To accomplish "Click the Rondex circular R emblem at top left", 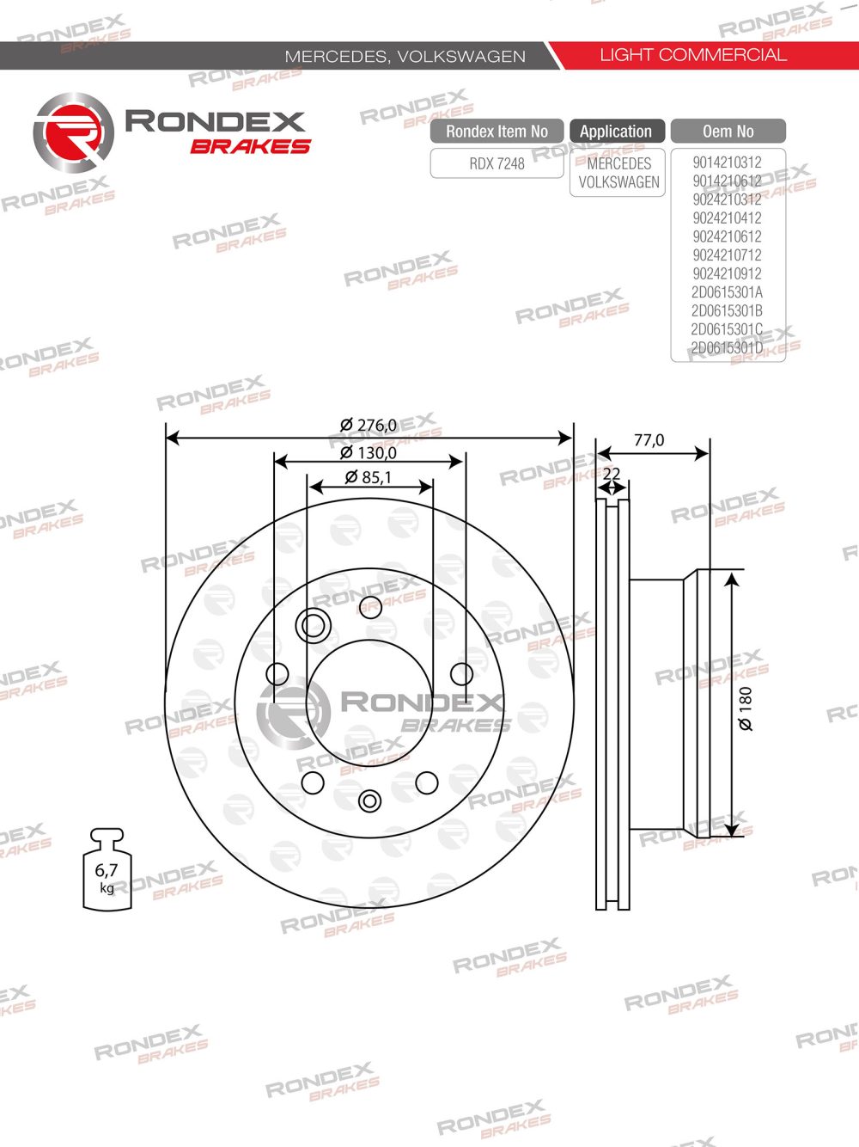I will click(x=73, y=134).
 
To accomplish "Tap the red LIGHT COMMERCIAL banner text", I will click(x=692, y=55).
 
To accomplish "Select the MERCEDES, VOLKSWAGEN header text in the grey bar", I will click(x=405, y=57).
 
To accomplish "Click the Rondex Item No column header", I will click(x=497, y=132).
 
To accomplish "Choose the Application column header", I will click(x=616, y=132).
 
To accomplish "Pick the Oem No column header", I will click(x=728, y=132).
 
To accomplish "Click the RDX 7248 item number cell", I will click(x=497, y=163).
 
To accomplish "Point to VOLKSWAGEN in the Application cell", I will click(x=618, y=182).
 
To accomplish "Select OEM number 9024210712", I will click(x=727, y=255).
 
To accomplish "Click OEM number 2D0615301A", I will click(x=727, y=292).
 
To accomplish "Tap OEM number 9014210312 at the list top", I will click(x=727, y=163).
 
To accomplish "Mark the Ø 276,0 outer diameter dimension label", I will click(x=369, y=425).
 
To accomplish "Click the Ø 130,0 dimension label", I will click(x=369, y=452).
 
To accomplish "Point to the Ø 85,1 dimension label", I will click(x=369, y=477).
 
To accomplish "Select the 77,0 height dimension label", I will click(x=649, y=440).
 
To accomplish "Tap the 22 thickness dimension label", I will click(x=612, y=474).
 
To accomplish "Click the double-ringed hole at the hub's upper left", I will click(x=313, y=625).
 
